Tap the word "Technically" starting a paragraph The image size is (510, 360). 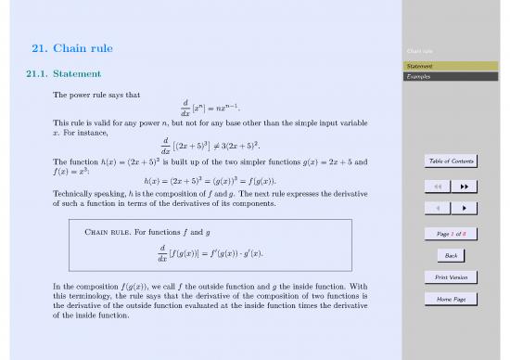pyautogui.click(x=72, y=194)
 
